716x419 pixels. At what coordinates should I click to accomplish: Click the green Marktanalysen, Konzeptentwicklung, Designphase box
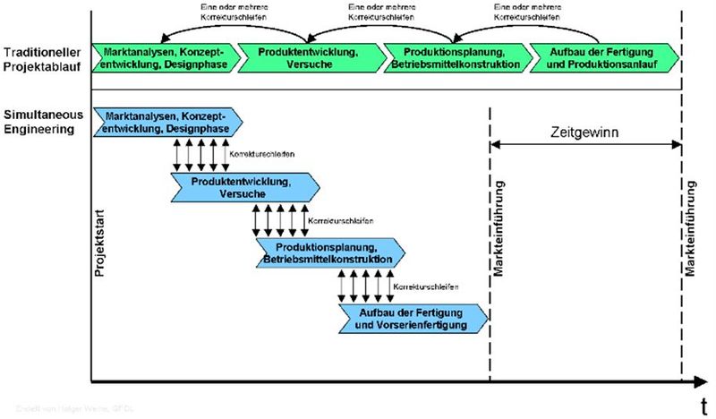166,57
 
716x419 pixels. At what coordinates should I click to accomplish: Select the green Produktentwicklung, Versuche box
311,57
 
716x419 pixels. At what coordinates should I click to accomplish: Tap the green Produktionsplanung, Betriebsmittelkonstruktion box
455,57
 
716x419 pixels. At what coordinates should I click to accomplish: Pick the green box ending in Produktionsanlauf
598,57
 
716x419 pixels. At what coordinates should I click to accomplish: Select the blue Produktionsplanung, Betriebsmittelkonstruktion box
328,252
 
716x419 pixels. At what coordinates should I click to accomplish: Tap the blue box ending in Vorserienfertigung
413,318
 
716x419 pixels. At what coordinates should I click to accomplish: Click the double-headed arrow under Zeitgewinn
586,147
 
